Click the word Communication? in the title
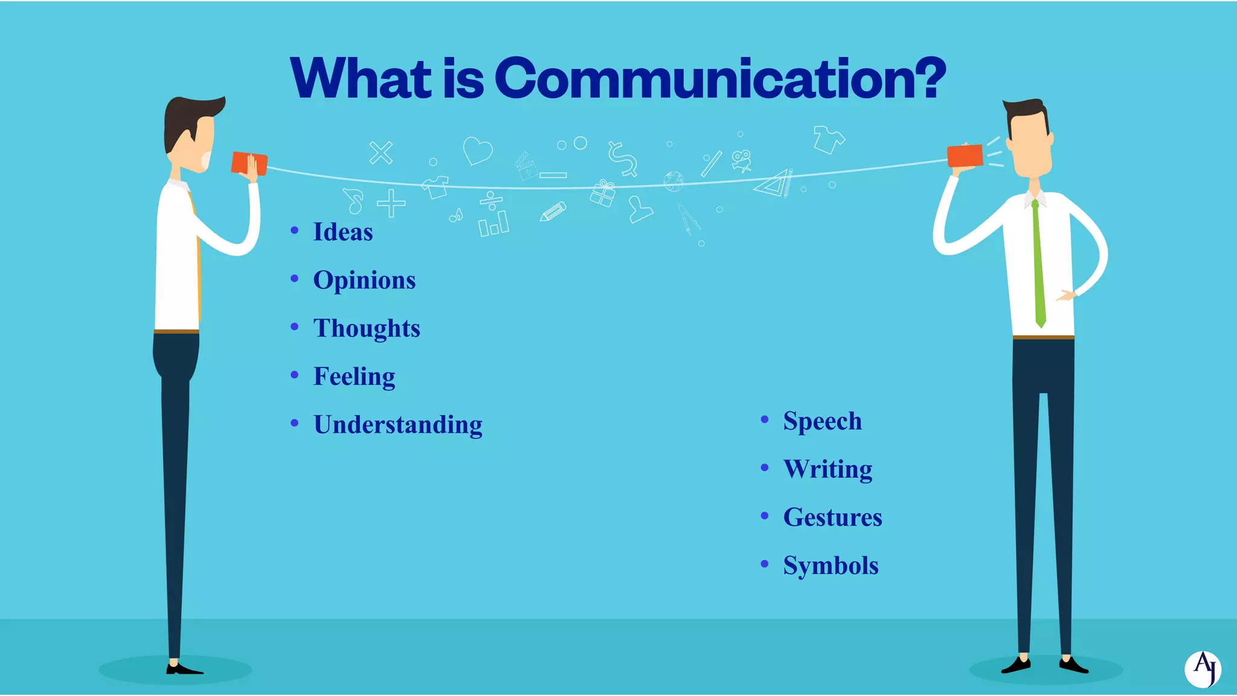tap(720, 79)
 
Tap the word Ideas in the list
tap(342, 232)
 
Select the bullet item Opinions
tap(364, 280)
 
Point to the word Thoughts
tap(367, 329)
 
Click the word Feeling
tap(354, 377)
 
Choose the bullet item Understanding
tap(398, 425)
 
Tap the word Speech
tap(822, 421)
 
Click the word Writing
tap(827, 469)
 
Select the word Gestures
tap(832, 518)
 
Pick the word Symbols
tap(831, 566)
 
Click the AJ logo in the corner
tap(1203, 669)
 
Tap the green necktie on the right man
tap(1038, 266)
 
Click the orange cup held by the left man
tap(249, 163)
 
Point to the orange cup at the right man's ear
tap(965, 156)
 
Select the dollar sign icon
tap(622, 158)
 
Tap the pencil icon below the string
tap(553, 211)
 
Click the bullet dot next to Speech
tap(765, 419)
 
